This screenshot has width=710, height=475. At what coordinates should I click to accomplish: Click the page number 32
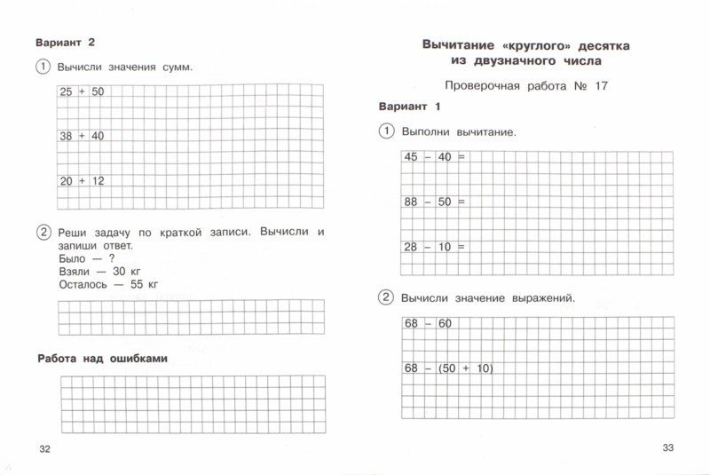tap(44, 449)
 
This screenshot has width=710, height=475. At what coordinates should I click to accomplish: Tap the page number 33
tap(669, 447)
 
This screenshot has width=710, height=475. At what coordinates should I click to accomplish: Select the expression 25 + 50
tap(82, 91)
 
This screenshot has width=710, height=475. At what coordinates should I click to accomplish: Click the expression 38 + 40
tap(82, 136)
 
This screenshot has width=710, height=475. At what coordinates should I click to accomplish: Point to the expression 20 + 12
tap(82, 180)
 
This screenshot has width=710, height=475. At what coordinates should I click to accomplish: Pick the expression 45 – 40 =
tap(435, 157)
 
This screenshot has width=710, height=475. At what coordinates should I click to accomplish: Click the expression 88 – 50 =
tap(435, 202)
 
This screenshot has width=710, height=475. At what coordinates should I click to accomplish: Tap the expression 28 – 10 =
tap(435, 247)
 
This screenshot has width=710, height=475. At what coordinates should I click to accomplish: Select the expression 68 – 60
tap(428, 323)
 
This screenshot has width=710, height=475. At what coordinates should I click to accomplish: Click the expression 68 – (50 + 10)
tap(448, 368)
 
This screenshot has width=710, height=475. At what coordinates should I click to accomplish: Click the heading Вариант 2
tap(64, 43)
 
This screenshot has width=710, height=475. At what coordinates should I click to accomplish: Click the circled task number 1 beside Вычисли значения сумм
tap(42, 67)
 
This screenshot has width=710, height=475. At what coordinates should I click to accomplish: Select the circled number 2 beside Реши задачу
tap(42, 233)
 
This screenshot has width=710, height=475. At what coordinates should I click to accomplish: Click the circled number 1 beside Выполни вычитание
tap(386, 131)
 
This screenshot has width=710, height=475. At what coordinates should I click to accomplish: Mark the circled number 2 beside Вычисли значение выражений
tap(386, 297)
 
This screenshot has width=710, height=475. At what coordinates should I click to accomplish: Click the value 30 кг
tap(125, 270)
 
